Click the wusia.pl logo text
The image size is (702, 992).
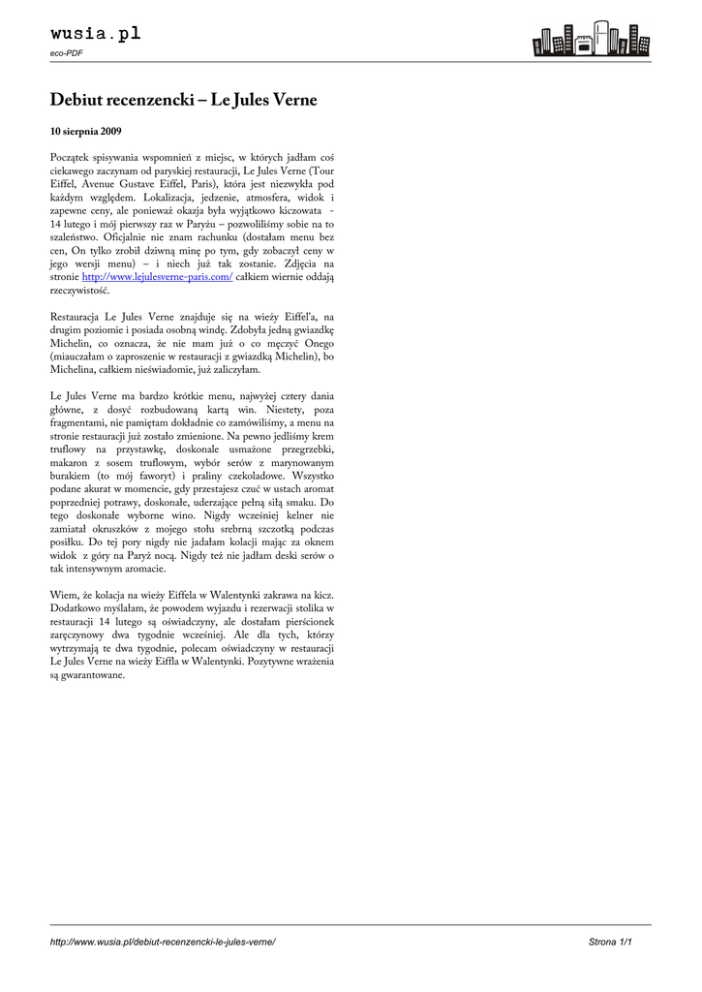95,34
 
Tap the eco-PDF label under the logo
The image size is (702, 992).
66,53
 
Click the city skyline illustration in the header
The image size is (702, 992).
591,39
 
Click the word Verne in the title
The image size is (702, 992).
292,100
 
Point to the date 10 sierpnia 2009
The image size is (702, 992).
85,130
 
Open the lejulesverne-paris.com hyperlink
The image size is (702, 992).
158,276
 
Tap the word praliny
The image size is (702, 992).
199,477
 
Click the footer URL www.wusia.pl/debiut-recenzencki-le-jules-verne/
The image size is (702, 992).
163,942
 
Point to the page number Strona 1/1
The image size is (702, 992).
610,942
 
